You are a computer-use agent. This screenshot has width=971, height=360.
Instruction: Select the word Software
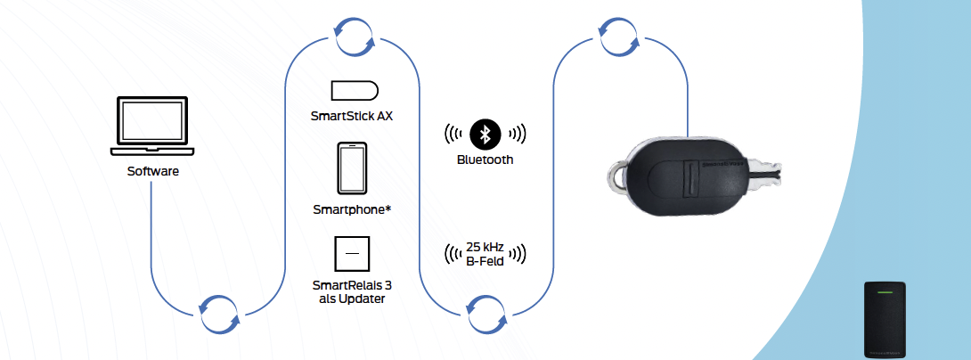152,170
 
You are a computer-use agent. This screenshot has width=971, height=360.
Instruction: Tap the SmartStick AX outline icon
355,91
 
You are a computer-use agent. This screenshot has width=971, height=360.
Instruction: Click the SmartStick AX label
354,116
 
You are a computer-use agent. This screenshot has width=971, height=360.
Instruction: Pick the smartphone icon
354,168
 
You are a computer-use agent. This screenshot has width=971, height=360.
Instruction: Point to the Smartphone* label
354,209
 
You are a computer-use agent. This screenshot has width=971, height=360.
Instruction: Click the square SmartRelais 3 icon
353,254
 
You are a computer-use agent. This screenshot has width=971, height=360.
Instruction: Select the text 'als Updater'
353,299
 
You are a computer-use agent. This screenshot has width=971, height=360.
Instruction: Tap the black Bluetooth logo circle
485,134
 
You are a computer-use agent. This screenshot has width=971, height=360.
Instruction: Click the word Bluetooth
485,160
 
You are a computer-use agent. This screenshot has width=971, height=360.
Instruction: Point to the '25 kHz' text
485,246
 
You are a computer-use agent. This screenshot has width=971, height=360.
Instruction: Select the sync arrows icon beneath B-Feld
486,313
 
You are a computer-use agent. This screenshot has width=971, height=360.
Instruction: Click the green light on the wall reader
885,291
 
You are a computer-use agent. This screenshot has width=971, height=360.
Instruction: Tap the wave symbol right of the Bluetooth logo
517,134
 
